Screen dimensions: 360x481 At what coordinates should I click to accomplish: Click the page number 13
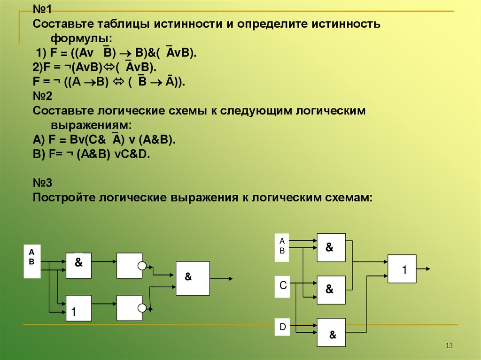[449, 346]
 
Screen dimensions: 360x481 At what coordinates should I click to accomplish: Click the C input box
[283, 286]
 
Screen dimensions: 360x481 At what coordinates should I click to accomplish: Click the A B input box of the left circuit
[32, 261]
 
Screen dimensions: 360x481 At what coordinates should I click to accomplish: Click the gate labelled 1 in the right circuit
[402, 269]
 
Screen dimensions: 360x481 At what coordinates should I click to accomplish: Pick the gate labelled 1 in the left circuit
[78, 308]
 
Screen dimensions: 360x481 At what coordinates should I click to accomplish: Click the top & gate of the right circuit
[331, 247]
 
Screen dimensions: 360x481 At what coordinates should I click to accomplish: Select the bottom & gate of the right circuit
[331, 332]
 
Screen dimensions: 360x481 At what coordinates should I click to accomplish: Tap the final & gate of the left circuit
[193, 278]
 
